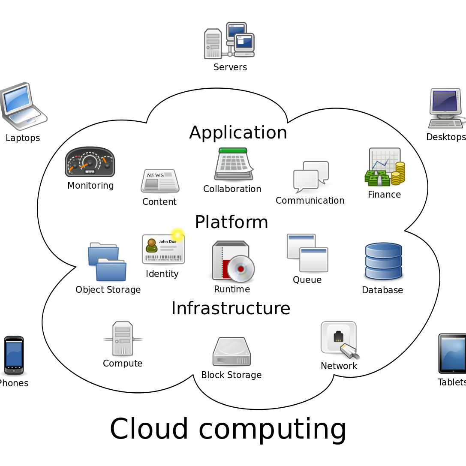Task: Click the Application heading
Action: click(x=238, y=133)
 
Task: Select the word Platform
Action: click(x=231, y=222)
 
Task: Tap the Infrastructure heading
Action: click(x=231, y=308)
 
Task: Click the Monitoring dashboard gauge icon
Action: click(x=90, y=162)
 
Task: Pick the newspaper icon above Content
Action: click(x=160, y=181)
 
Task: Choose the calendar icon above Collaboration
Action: click(x=233, y=164)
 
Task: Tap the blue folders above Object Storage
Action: click(x=107, y=262)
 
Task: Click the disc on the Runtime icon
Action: click(x=241, y=269)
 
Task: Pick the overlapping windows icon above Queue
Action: click(x=307, y=253)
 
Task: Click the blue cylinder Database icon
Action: click(x=383, y=262)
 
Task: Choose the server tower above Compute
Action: click(x=123, y=339)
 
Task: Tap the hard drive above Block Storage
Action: click(x=231, y=352)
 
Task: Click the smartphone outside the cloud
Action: click(x=14, y=355)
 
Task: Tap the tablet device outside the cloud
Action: click(x=453, y=354)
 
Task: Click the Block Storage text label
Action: click(x=231, y=375)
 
